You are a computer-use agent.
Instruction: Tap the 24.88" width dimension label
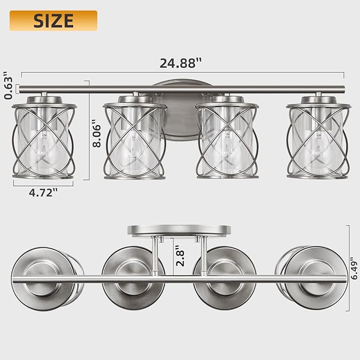181,63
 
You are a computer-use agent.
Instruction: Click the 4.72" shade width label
43,192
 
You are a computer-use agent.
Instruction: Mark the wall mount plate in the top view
179,230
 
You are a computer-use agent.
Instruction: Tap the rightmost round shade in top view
316,278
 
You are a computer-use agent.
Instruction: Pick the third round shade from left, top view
225,278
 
